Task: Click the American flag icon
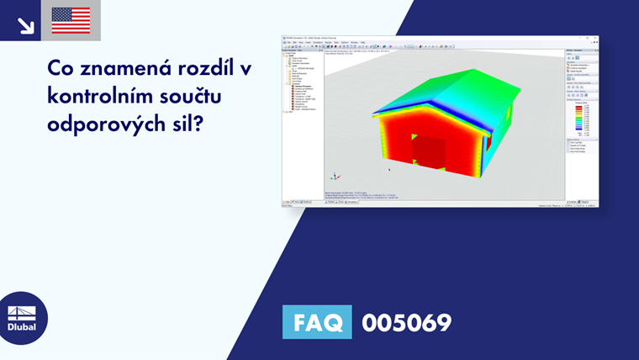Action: [x=71, y=20]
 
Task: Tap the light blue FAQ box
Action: [x=317, y=322]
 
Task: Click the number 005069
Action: [x=406, y=323]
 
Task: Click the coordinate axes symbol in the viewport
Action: [x=335, y=177]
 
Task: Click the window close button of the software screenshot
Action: [x=595, y=38]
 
